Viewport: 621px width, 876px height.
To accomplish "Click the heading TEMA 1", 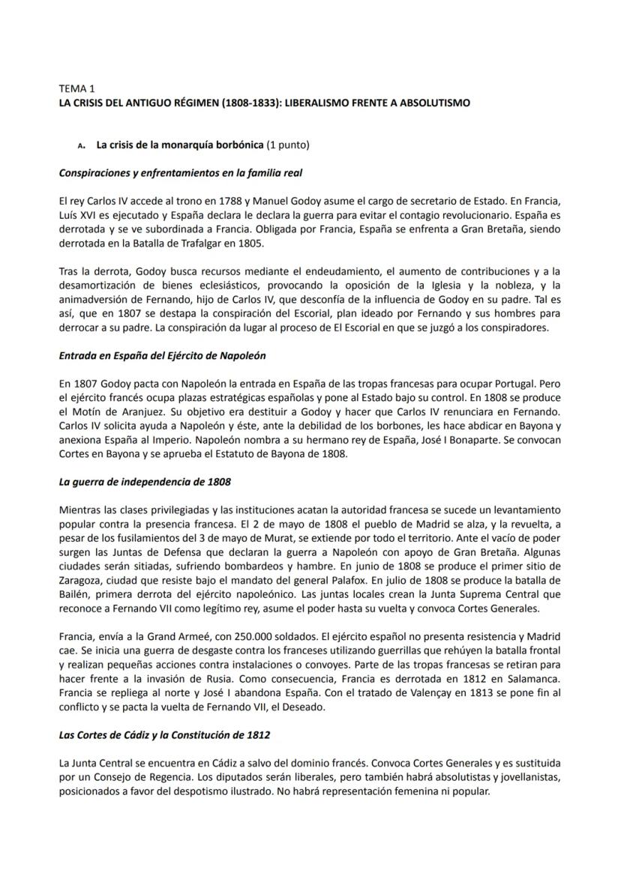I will coord(77,88).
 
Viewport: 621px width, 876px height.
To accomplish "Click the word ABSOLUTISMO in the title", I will coord(434,103).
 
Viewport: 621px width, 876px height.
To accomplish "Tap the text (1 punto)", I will coord(288,145).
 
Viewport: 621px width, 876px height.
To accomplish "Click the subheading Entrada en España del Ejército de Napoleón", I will coord(162,355).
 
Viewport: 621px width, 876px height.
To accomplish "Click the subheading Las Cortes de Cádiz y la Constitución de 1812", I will coord(164,735).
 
